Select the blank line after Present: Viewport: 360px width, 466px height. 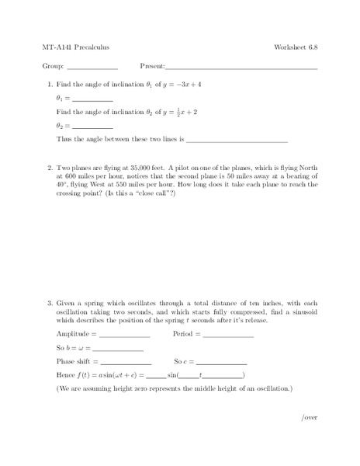coord(241,68)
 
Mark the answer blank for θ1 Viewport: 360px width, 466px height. coord(92,100)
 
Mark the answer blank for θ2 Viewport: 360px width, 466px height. coord(92,127)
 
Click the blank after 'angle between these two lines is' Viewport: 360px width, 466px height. coord(237,141)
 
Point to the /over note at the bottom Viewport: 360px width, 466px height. coord(309,417)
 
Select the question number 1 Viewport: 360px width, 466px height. coord(50,84)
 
